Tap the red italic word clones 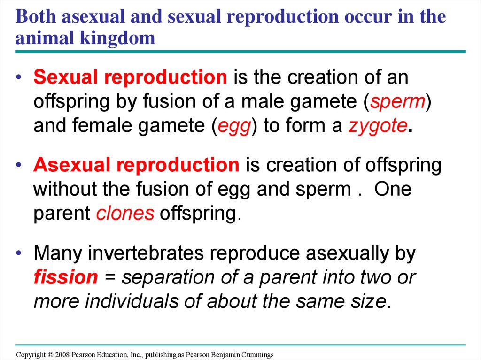pos(125,213)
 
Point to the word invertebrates pos(146,253)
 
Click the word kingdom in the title pos(117,38)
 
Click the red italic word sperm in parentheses pos(398,102)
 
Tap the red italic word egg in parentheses pos(234,127)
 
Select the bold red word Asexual pos(72,165)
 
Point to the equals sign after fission pos(110,277)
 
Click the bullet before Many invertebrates pos(19,253)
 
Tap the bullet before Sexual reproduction pos(19,77)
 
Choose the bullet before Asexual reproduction pos(19,165)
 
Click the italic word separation pos(168,277)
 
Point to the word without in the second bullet pos(65,189)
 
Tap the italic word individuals pos(132,301)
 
